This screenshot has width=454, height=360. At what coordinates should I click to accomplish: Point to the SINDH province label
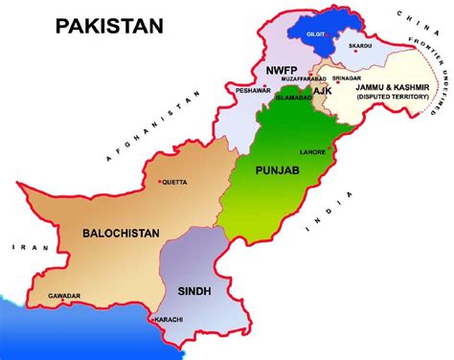[193, 289]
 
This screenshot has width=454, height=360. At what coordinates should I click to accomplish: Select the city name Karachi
[172, 319]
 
